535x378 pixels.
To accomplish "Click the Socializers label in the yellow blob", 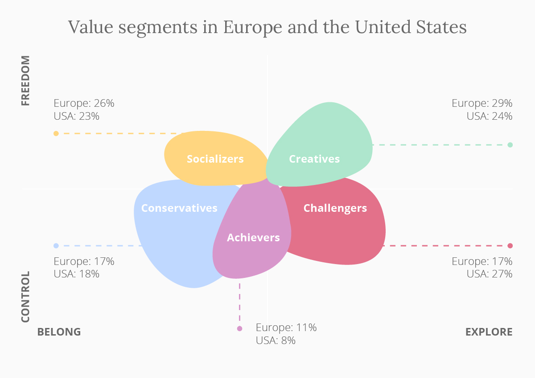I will (x=215, y=159).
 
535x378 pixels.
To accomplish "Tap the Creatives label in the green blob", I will (x=314, y=159).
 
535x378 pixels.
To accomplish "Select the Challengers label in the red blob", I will (x=335, y=208).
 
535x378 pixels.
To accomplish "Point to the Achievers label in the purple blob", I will (x=253, y=238).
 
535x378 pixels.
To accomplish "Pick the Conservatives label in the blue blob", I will (x=179, y=208).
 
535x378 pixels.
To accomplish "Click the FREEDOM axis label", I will (x=26, y=80).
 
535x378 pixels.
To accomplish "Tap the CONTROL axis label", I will (x=26, y=297).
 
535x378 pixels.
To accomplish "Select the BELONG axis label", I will (x=59, y=332).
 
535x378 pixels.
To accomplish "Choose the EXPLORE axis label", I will (x=489, y=332).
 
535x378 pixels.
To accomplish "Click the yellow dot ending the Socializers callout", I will (x=56, y=134).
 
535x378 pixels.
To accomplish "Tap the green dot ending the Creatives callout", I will (x=510, y=145).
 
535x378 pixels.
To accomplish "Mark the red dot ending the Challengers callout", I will (x=510, y=246).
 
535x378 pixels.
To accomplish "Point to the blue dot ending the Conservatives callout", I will (x=56, y=246).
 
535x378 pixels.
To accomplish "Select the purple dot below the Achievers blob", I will (x=240, y=329).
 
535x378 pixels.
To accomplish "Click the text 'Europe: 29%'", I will (x=482, y=103).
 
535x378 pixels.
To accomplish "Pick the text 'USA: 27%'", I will (x=490, y=274).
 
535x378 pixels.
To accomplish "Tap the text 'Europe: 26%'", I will (x=84, y=103).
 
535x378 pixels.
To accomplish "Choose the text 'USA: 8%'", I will (x=276, y=340).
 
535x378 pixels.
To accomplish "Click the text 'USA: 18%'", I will (x=77, y=274).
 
